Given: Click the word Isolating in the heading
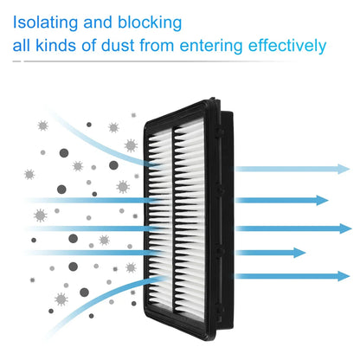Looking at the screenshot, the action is tap(45, 23).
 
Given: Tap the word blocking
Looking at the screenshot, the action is tap(150, 23).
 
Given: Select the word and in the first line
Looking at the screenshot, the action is tap(98, 22).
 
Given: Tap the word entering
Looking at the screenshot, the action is tap(211, 47).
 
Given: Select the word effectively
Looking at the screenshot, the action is tap(287, 46).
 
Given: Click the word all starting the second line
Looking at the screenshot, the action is tap(22, 46).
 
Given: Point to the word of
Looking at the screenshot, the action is tap(89, 46).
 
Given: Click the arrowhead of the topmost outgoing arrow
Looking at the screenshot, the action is tap(344, 169).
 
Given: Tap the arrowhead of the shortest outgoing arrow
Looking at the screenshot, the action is tap(299, 253).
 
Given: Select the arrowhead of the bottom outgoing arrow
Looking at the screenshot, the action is tap(344, 276).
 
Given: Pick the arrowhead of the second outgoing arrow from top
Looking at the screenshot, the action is tap(322, 200).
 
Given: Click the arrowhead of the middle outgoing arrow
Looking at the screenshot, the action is tap(345, 228).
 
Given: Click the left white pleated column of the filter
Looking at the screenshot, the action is tap(159, 219).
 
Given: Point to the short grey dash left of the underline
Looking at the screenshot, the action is tap(16, 61).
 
